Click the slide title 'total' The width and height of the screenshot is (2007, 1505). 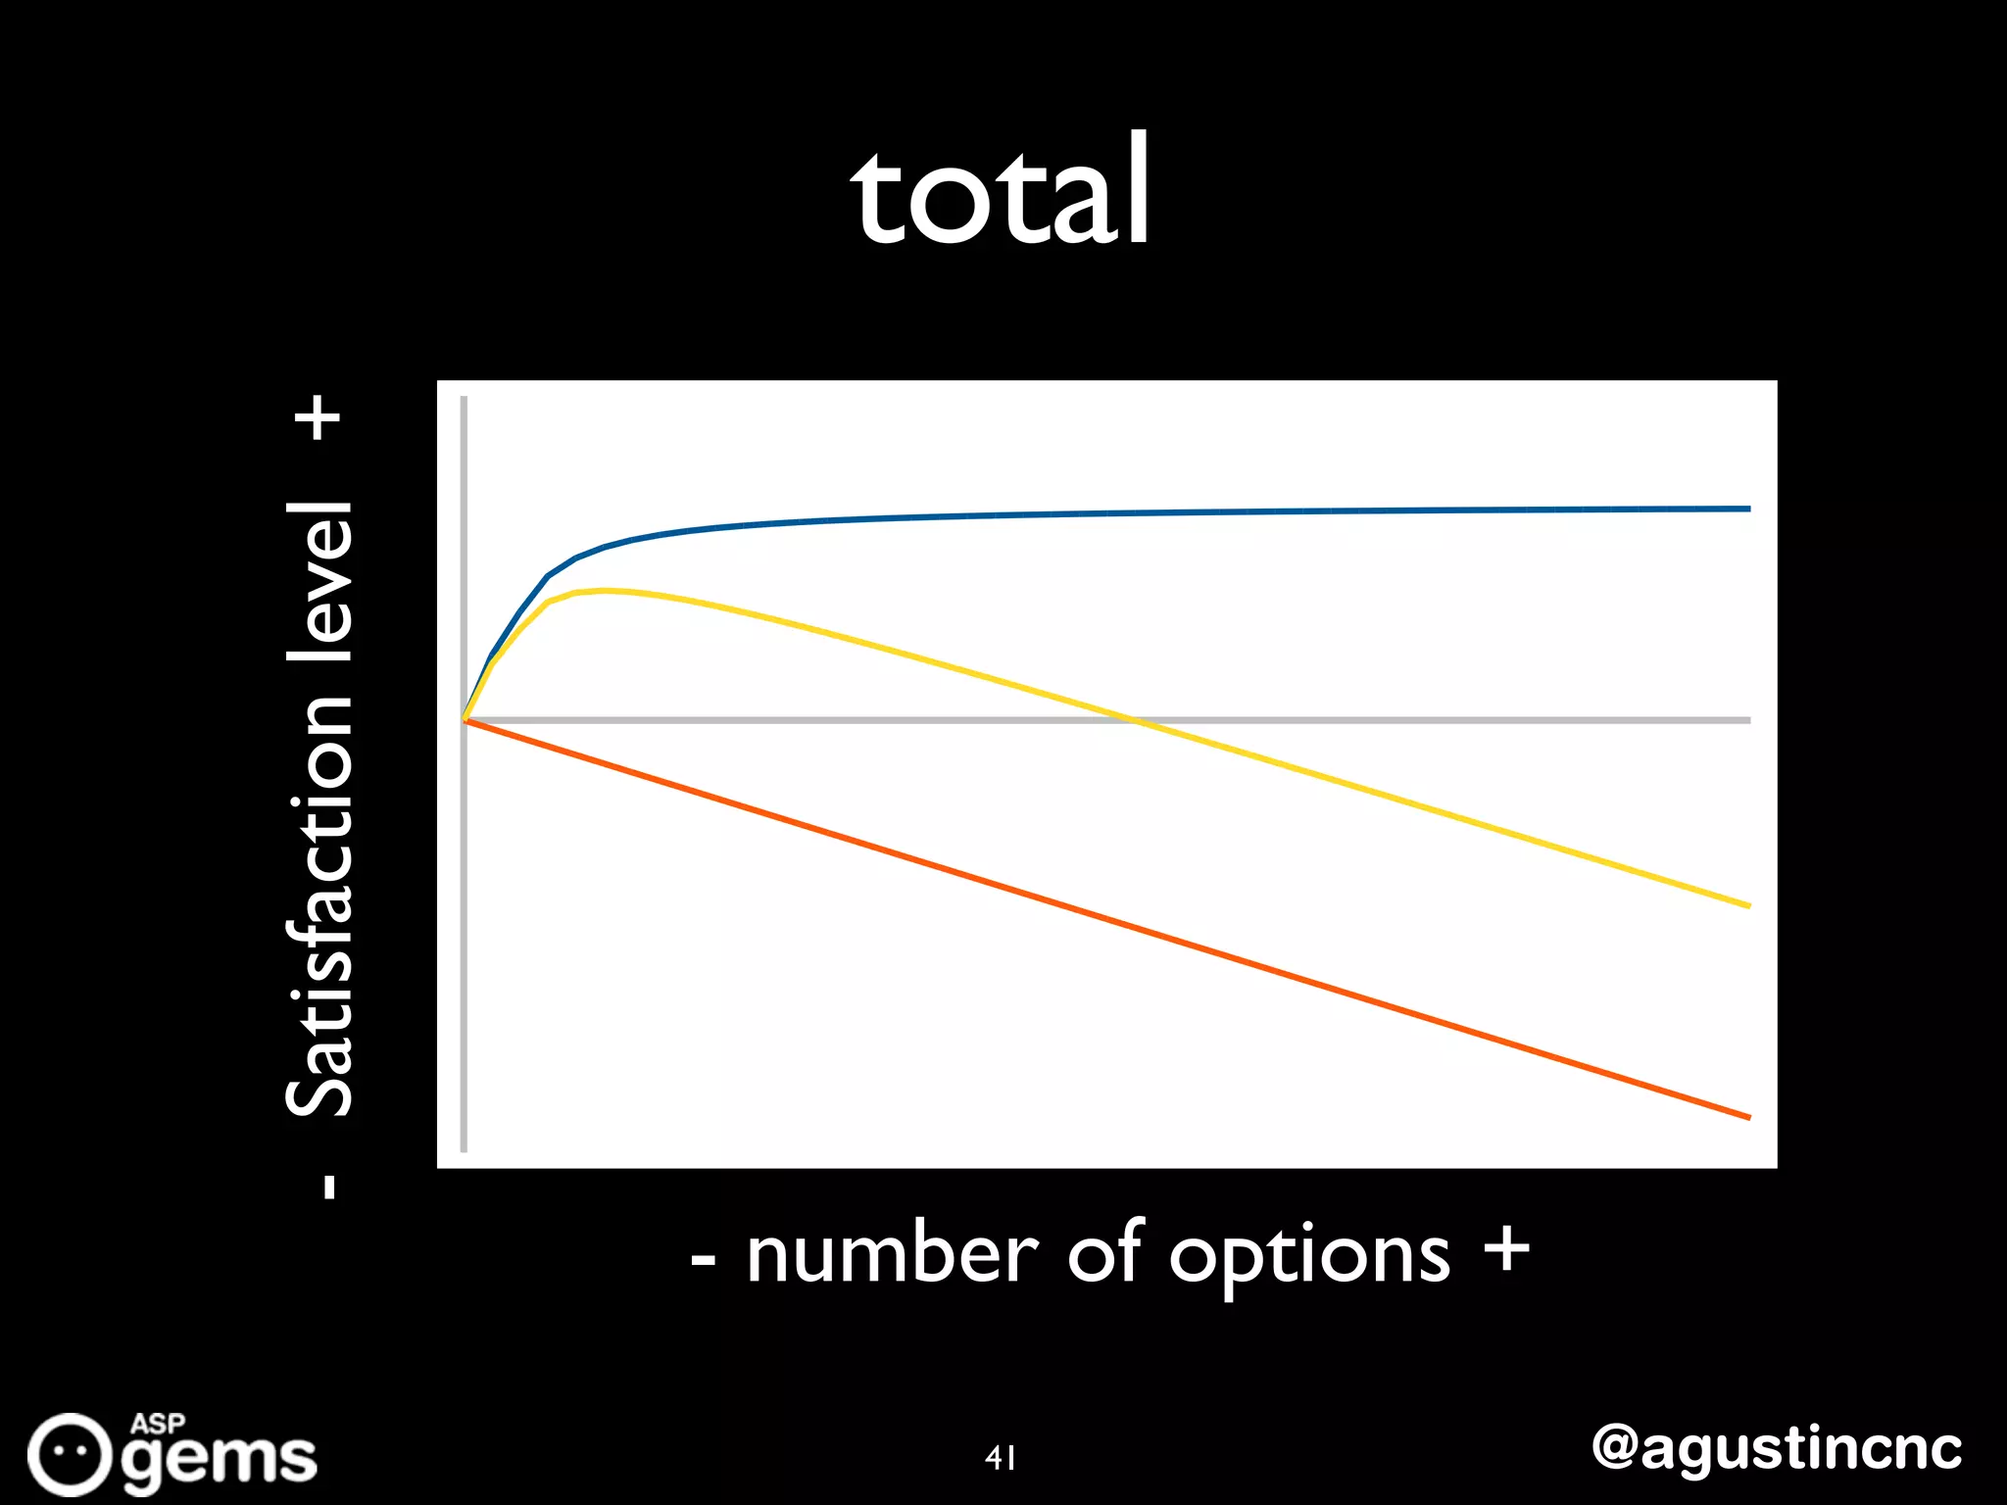pyautogui.click(x=1001, y=191)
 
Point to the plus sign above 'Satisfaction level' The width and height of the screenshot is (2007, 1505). pyautogui.click(x=319, y=418)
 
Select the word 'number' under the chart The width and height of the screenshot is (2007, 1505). pyautogui.click(x=892, y=1255)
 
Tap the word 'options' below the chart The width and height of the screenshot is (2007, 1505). pyautogui.click(x=1309, y=1258)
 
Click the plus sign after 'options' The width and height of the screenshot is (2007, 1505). pyautogui.click(x=1506, y=1249)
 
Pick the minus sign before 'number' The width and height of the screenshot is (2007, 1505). pyautogui.click(x=703, y=1260)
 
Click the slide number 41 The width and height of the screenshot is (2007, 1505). pyautogui.click(x=1001, y=1458)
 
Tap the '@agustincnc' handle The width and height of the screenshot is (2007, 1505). pyautogui.click(x=1777, y=1448)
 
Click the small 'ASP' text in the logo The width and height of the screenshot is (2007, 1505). pyautogui.click(x=159, y=1423)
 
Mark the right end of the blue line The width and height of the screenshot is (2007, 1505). pyautogui.click(x=1748, y=509)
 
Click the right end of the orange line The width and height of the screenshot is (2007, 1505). pyautogui.click(x=1748, y=1116)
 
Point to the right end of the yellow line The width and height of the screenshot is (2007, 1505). pyautogui.click(x=1748, y=905)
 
